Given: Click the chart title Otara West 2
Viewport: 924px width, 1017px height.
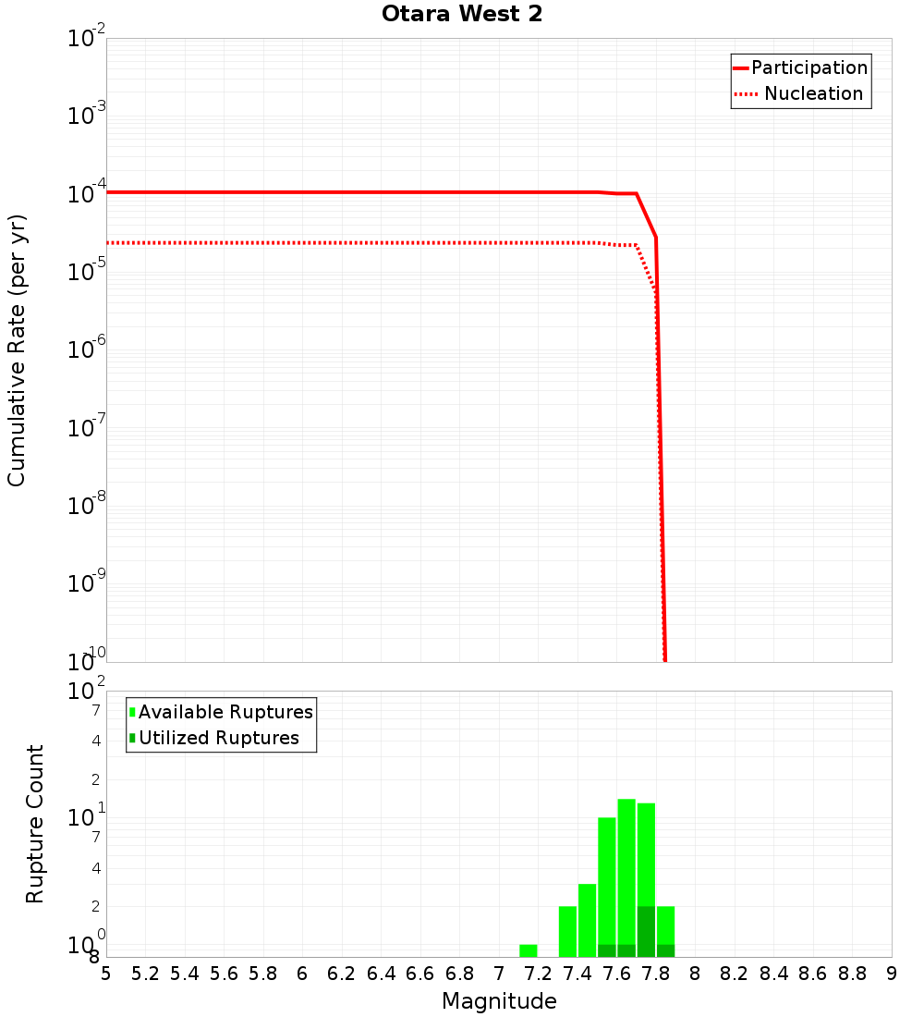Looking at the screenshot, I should tap(462, 15).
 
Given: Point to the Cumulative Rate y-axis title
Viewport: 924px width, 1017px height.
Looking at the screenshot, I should tap(17, 350).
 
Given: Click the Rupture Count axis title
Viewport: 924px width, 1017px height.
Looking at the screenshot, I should tap(35, 824).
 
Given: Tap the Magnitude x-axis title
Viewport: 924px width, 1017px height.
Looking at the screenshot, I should tap(499, 1001).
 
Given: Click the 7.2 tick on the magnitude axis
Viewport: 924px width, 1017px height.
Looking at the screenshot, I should tap(538, 974).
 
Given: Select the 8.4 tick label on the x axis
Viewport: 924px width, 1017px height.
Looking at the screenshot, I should tap(773, 974).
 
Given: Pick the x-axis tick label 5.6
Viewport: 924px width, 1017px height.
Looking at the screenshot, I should tap(224, 974).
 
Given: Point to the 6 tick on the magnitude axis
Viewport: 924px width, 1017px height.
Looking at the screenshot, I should tap(302, 974).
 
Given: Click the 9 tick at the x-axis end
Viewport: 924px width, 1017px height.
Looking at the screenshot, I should tap(891, 974).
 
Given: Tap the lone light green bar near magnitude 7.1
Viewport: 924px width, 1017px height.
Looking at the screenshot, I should tap(529, 950).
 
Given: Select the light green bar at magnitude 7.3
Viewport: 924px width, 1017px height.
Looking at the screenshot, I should tap(567, 931).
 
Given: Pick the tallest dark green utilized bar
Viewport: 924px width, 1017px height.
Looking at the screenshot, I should tap(646, 931).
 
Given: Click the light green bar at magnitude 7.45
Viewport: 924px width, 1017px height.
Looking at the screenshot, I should tap(587, 920).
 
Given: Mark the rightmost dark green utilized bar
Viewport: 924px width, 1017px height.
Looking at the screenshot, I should tap(665, 950).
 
